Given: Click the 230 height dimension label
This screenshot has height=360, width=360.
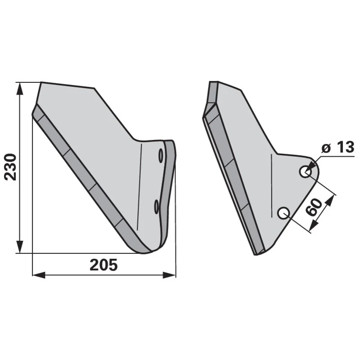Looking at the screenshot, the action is tap(11, 167).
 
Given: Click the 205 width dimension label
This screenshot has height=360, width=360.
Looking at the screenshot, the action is tap(103, 265).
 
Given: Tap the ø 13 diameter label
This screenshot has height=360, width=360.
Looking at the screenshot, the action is tap(338, 147).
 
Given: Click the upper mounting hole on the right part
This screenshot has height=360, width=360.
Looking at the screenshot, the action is tap(306, 171).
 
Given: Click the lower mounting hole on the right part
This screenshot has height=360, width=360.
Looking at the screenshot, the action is tap(283, 213).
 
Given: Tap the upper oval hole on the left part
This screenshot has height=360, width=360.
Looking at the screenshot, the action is tap(161, 156).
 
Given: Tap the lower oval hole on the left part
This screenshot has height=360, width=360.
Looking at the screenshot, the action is tap(156, 207).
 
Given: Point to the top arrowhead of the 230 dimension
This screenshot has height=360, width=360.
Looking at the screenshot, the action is tap(20, 89).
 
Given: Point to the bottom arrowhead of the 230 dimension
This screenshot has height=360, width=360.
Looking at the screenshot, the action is tap(20, 247).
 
